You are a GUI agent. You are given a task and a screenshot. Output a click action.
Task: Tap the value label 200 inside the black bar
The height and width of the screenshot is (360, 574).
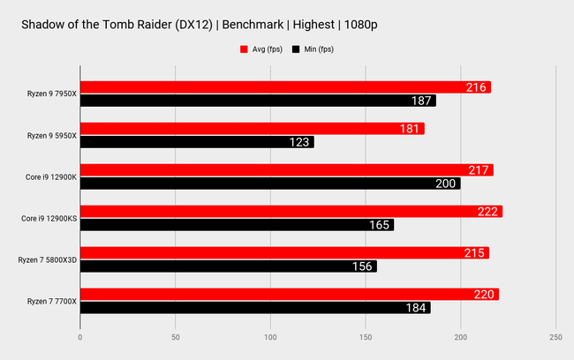click(446, 184)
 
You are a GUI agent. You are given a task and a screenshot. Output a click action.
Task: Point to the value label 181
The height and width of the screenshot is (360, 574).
click(410, 129)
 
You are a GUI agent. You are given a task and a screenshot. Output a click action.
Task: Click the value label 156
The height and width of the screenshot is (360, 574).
click(362, 266)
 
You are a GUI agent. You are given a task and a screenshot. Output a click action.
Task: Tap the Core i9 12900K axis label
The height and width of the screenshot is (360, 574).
click(52, 176)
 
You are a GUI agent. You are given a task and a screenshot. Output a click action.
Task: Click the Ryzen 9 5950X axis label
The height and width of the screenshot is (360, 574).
click(51, 136)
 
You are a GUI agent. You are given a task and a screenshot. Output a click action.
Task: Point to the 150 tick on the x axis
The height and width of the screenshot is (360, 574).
click(366, 337)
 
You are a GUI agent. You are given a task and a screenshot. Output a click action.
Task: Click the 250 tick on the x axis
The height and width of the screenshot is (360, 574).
click(555, 337)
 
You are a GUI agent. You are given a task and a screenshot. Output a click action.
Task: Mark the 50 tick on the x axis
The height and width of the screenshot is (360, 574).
click(175, 337)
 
